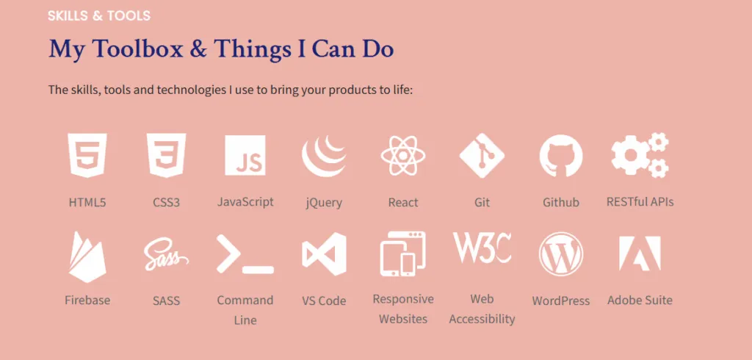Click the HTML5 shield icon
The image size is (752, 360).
point(87,155)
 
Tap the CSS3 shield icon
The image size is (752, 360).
point(167,155)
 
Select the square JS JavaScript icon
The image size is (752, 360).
point(245,155)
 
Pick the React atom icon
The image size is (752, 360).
point(403,155)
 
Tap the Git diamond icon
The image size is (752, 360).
point(482,156)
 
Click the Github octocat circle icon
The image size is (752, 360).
point(561,156)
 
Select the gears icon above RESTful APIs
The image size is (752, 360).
point(640,155)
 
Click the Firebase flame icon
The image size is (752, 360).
point(87,257)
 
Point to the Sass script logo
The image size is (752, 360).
point(166,254)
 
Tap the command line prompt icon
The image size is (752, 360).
point(245,254)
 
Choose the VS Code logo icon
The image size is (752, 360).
point(324,254)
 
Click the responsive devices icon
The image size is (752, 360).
point(403,254)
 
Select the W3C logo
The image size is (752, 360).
point(482,248)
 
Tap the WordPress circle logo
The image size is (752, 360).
point(561,254)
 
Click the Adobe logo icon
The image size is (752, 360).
point(640,253)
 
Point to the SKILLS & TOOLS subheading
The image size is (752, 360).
point(99,16)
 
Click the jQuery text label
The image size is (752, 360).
point(324,203)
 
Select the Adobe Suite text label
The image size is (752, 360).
point(640,300)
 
